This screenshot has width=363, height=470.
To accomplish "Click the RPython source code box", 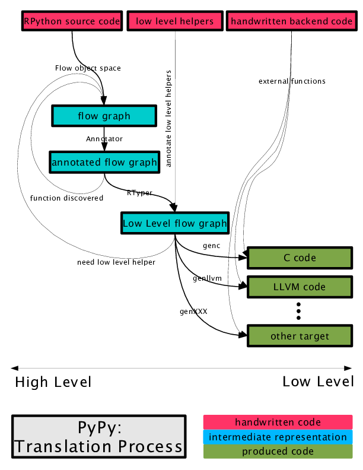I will point(72,21).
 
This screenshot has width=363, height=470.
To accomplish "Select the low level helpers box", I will point(175,21).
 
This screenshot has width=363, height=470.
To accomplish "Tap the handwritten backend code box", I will point(291,21).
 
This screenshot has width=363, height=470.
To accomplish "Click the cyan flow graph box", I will point(104,116).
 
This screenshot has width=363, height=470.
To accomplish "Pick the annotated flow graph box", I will point(104,161).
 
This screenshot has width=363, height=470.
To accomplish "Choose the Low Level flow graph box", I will point(174,224).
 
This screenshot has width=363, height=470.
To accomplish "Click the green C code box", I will point(300,258).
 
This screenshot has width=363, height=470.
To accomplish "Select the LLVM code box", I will point(300,287).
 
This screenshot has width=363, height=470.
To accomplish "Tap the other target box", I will point(300,336).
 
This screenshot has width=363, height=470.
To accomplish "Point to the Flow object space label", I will point(88,68).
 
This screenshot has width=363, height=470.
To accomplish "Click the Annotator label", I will point(104,138).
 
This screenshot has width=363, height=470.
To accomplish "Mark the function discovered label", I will point(67,198).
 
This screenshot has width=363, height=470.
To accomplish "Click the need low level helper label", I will point(116,262).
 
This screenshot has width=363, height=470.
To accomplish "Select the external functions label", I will point(292,81).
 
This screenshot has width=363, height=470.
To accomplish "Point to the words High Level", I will point(53,382).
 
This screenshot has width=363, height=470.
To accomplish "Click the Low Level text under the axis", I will point(318,381).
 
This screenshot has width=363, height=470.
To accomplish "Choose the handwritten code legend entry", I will point(278,423).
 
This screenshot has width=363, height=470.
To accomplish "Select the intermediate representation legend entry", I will point(278,437).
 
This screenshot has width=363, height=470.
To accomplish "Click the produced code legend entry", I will point(278,452).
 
